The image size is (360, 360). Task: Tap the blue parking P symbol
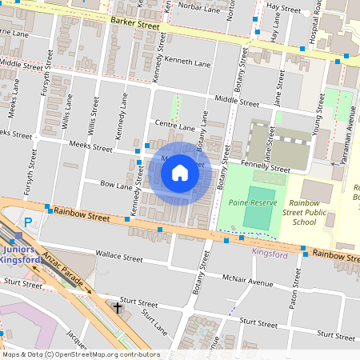pos(30,222)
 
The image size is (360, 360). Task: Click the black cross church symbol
pos(118,308)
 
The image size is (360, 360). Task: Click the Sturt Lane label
pos(154,324)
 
